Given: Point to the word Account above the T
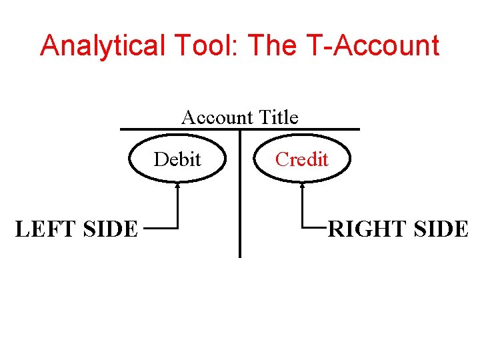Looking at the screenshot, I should pos(217,117).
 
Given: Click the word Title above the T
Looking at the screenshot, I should pos(279,117).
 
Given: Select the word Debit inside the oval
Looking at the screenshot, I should pos(177,159).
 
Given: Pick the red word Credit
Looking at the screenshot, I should pos(301,159).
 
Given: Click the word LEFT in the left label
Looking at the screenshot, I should pos(43,229).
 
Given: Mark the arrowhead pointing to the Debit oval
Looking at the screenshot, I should pos(177,186).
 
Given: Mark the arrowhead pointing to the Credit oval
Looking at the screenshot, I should pos(302,186).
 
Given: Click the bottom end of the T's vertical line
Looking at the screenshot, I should pos(239,256).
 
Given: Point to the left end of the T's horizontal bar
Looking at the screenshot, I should pos(121,129).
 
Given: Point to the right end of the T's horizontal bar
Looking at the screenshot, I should pos(358,129).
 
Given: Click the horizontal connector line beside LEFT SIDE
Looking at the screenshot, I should pos(160,229).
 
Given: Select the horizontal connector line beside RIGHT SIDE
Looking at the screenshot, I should pos(315,229).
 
